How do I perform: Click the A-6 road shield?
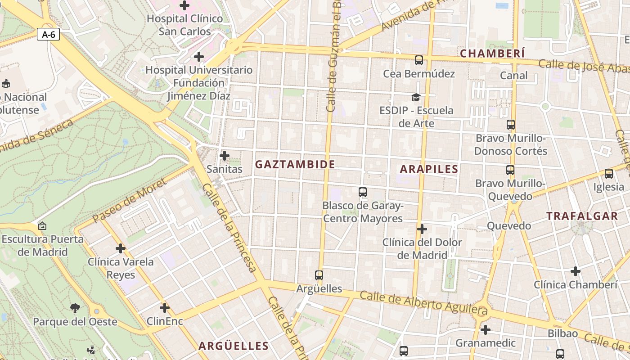(48, 34)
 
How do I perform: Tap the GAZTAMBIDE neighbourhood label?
(295, 165)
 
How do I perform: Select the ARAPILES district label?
(429, 169)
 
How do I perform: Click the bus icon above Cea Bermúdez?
(419, 60)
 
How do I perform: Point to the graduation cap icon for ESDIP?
(416, 97)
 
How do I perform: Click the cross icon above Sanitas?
(224, 156)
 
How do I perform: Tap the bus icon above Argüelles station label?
(319, 275)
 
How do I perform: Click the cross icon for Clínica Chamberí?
(575, 271)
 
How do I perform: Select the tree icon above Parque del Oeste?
(75, 308)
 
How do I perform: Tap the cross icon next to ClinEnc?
(165, 308)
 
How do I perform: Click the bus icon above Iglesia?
(609, 173)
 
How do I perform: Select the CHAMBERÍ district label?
(492, 54)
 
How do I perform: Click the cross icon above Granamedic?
(485, 330)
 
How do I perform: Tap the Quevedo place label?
(509, 226)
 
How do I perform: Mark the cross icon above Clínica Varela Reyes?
(121, 248)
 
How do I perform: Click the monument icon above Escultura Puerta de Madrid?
(42, 226)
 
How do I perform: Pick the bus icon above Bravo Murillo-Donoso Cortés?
(510, 125)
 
